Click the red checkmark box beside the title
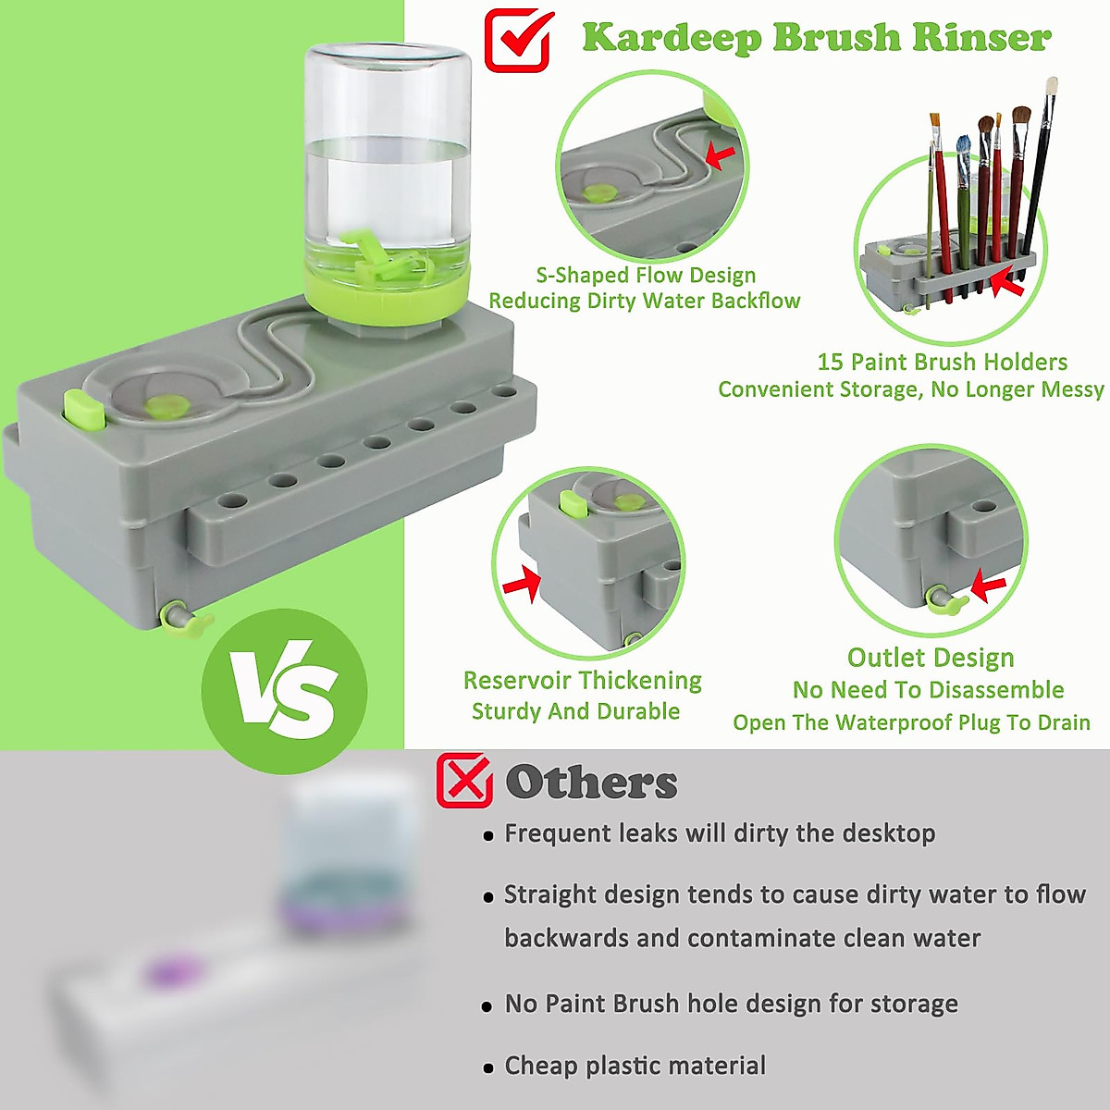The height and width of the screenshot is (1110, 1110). tap(518, 40)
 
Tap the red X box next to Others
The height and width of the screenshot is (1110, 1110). tap(464, 781)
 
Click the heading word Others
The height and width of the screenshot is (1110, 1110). tap(591, 783)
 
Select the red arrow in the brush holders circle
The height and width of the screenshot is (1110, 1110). tap(1006, 282)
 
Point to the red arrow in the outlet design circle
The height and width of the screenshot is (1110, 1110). tap(989, 586)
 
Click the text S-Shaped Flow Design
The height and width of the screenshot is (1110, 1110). tap(646, 276)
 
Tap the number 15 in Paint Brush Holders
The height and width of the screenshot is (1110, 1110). tap(830, 362)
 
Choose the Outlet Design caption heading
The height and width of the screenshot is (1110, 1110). tap(931, 658)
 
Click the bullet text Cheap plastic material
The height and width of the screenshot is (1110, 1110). tap(635, 1066)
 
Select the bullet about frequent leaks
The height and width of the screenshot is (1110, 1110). tap(719, 833)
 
